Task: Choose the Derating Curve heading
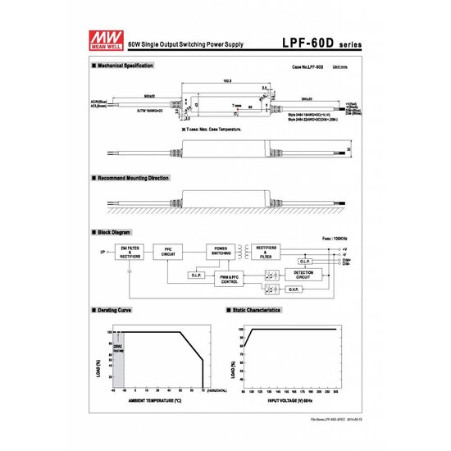pyautogui.click(x=116, y=311)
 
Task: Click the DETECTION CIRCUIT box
pyautogui.click(x=303, y=276)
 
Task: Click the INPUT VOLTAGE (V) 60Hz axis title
pyautogui.click(x=289, y=401)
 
